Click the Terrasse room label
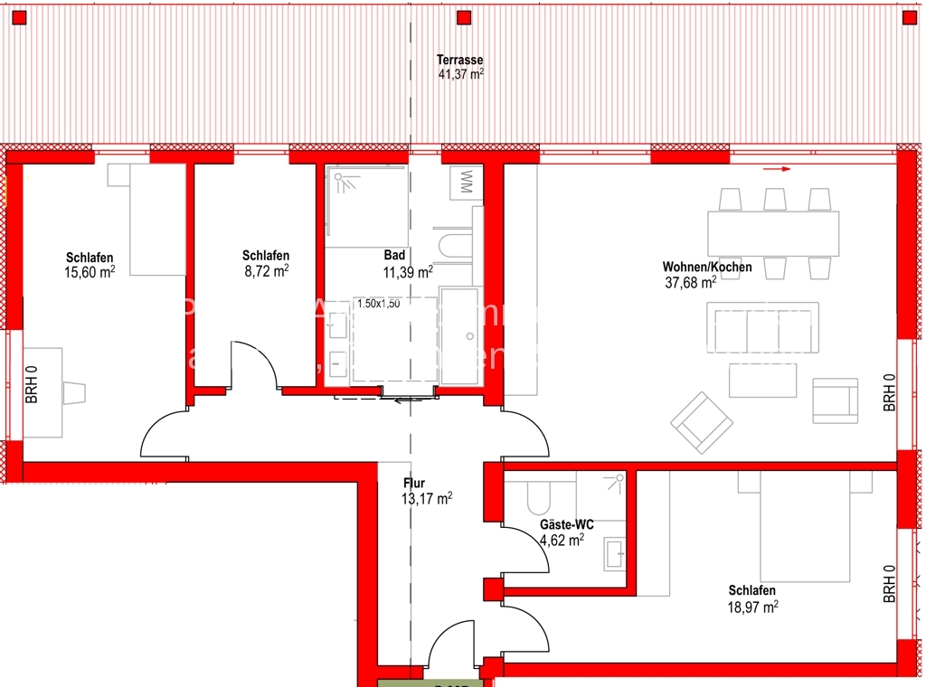[459, 60]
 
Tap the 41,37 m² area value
[460, 74]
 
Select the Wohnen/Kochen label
[707, 267]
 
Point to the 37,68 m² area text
[690, 281]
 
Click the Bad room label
[394, 256]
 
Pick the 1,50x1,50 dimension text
[378, 304]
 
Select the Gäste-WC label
[566, 524]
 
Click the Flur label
[413, 484]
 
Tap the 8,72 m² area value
[267, 269]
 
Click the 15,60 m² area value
[90, 271]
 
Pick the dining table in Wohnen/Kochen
[773, 233]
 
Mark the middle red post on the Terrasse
[464, 17]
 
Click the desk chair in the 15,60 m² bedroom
[73, 392]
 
